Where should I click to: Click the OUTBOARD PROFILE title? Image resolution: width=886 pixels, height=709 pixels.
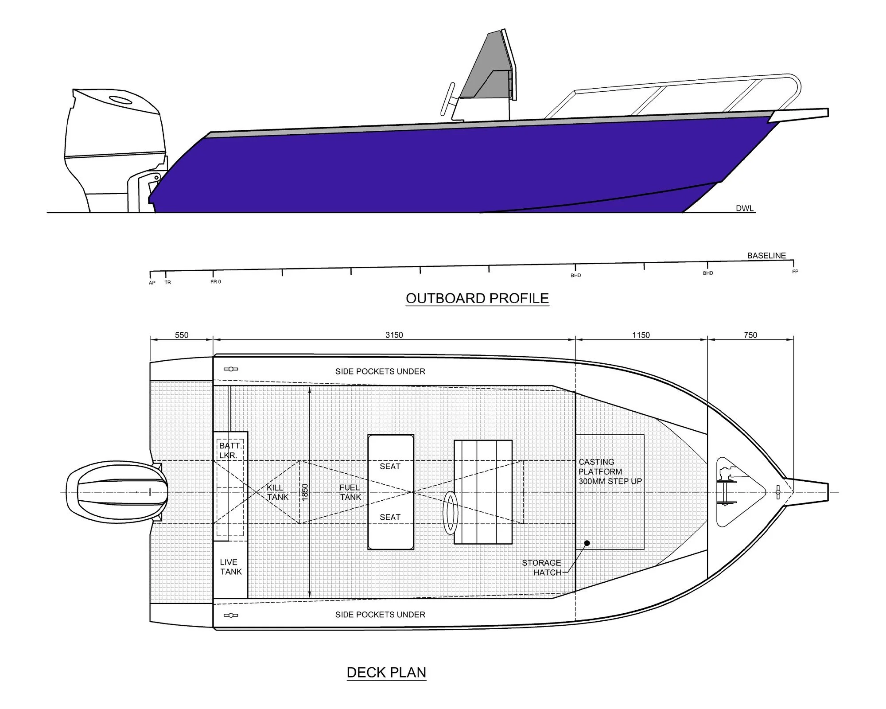tap(477, 298)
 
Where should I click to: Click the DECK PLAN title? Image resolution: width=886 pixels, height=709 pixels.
tap(386, 672)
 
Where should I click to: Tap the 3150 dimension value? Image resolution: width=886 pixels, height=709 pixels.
tap(394, 335)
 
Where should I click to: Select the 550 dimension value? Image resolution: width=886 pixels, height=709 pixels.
tap(182, 335)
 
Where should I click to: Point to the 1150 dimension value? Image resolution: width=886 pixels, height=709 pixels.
tap(641, 335)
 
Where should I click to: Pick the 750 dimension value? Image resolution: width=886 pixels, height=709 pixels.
tap(750, 335)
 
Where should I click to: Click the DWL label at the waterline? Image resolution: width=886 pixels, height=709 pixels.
tap(745, 208)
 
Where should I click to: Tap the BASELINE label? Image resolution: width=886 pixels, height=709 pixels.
tap(766, 256)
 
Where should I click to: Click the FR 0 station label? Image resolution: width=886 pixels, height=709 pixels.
tap(216, 282)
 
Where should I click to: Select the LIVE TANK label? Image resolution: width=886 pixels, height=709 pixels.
tap(231, 567)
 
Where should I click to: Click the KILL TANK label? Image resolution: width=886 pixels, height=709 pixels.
tap(277, 492)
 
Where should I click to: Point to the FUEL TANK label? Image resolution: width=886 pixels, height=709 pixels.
tap(350, 492)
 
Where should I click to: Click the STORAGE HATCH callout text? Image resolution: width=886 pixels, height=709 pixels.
tap(541, 568)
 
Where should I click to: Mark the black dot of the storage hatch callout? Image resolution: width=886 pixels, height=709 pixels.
tap(587, 543)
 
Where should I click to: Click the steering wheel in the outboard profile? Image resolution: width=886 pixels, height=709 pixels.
tap(448, 100)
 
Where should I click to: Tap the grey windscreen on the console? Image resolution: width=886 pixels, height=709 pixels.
tap(486, 66)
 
